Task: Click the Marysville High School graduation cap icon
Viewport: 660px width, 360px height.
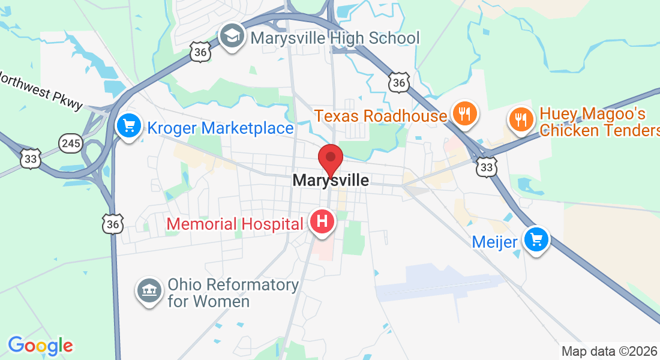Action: [230, 37]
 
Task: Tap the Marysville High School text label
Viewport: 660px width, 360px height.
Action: [335, 38]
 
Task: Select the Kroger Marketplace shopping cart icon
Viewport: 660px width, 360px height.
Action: [128, 127]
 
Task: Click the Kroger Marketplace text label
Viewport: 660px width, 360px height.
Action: [220, 128]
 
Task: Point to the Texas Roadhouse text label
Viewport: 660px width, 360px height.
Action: [381, 115]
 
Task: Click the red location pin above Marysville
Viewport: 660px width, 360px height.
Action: [330, 160]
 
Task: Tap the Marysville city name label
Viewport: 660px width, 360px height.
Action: [331, 180]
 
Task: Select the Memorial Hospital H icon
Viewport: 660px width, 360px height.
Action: [322, 221]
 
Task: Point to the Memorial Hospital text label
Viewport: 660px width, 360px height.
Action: [235, 224]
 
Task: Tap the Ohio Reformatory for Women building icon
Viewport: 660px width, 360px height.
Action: [149, 291]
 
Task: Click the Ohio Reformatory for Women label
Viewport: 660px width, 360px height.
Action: [233, 292]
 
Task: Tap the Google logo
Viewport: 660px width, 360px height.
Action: [40, 346]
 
